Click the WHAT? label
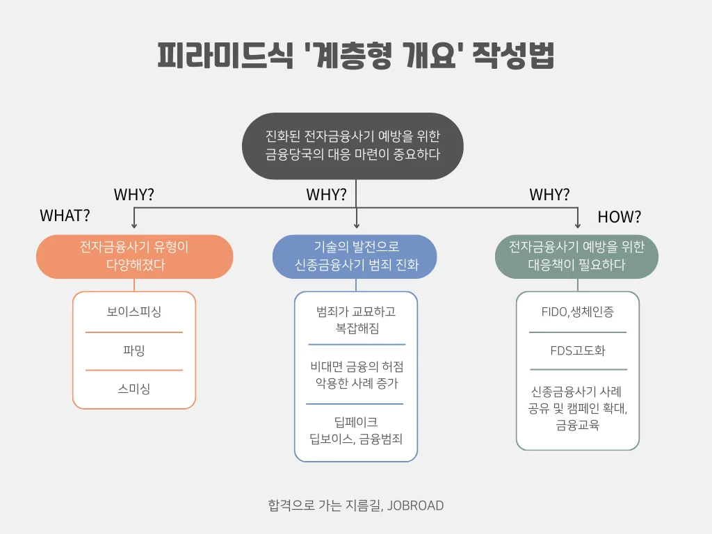pos(65,216)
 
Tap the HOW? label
pos(620,217)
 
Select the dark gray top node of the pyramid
pos(353,146)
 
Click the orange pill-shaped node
pos(134,257)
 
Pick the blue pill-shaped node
pos(355,257)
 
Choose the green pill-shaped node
pos(576,257)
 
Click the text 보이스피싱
pos(134,312)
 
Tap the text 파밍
pos(134,350)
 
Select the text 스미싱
pos(134,389)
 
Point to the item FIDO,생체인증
pos(578,312)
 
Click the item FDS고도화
pos(578,350)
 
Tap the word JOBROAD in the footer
pos(416,506)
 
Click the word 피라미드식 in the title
pos(225,56)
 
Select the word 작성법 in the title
pos(513,56)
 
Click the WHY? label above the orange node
pos(134,195)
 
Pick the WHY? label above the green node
pos(549,195)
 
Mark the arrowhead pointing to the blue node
pos(357,225)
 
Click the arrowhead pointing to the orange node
pos(134,225)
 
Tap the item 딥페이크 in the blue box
pos(356,422)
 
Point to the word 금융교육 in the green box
pos(578,425)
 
